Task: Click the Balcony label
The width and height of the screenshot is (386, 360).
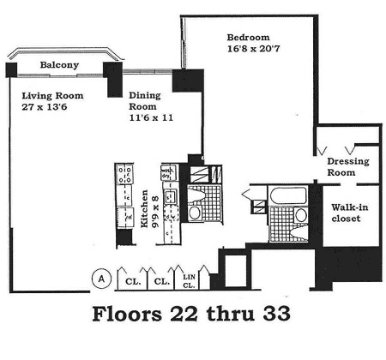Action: [59, 65]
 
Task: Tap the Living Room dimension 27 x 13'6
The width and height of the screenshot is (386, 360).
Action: [45, 107]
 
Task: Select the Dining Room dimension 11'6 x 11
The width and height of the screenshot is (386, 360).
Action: [151, 117]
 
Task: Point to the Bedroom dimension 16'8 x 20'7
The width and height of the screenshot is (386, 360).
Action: [253, 49]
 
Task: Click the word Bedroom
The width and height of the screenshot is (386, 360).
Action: [248, 38]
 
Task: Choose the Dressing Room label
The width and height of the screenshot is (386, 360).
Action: [348, 167]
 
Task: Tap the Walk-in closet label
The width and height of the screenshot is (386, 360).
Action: [350, 213]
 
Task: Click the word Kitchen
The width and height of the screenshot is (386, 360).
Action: [145, 209]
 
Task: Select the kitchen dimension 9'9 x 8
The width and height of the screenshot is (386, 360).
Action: [155, 211]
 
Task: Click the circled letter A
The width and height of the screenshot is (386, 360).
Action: [101, 279]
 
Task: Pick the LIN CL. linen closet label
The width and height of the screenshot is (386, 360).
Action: [189, 281]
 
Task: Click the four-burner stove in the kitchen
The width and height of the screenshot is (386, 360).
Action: [124, 174]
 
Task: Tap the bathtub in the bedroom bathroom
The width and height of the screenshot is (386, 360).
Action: [288, 195]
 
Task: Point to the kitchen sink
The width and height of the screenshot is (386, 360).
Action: [170, 196]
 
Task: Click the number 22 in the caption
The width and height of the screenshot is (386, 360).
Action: [184, 314]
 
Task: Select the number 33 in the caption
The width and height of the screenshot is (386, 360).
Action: [276, 314]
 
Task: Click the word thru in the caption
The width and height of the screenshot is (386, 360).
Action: [231, 314]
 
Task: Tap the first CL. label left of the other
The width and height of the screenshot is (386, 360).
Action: [133, 281]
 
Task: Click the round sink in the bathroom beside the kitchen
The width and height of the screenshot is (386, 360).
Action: [195, 213]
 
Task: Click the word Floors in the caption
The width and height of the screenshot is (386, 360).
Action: [127, 314]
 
